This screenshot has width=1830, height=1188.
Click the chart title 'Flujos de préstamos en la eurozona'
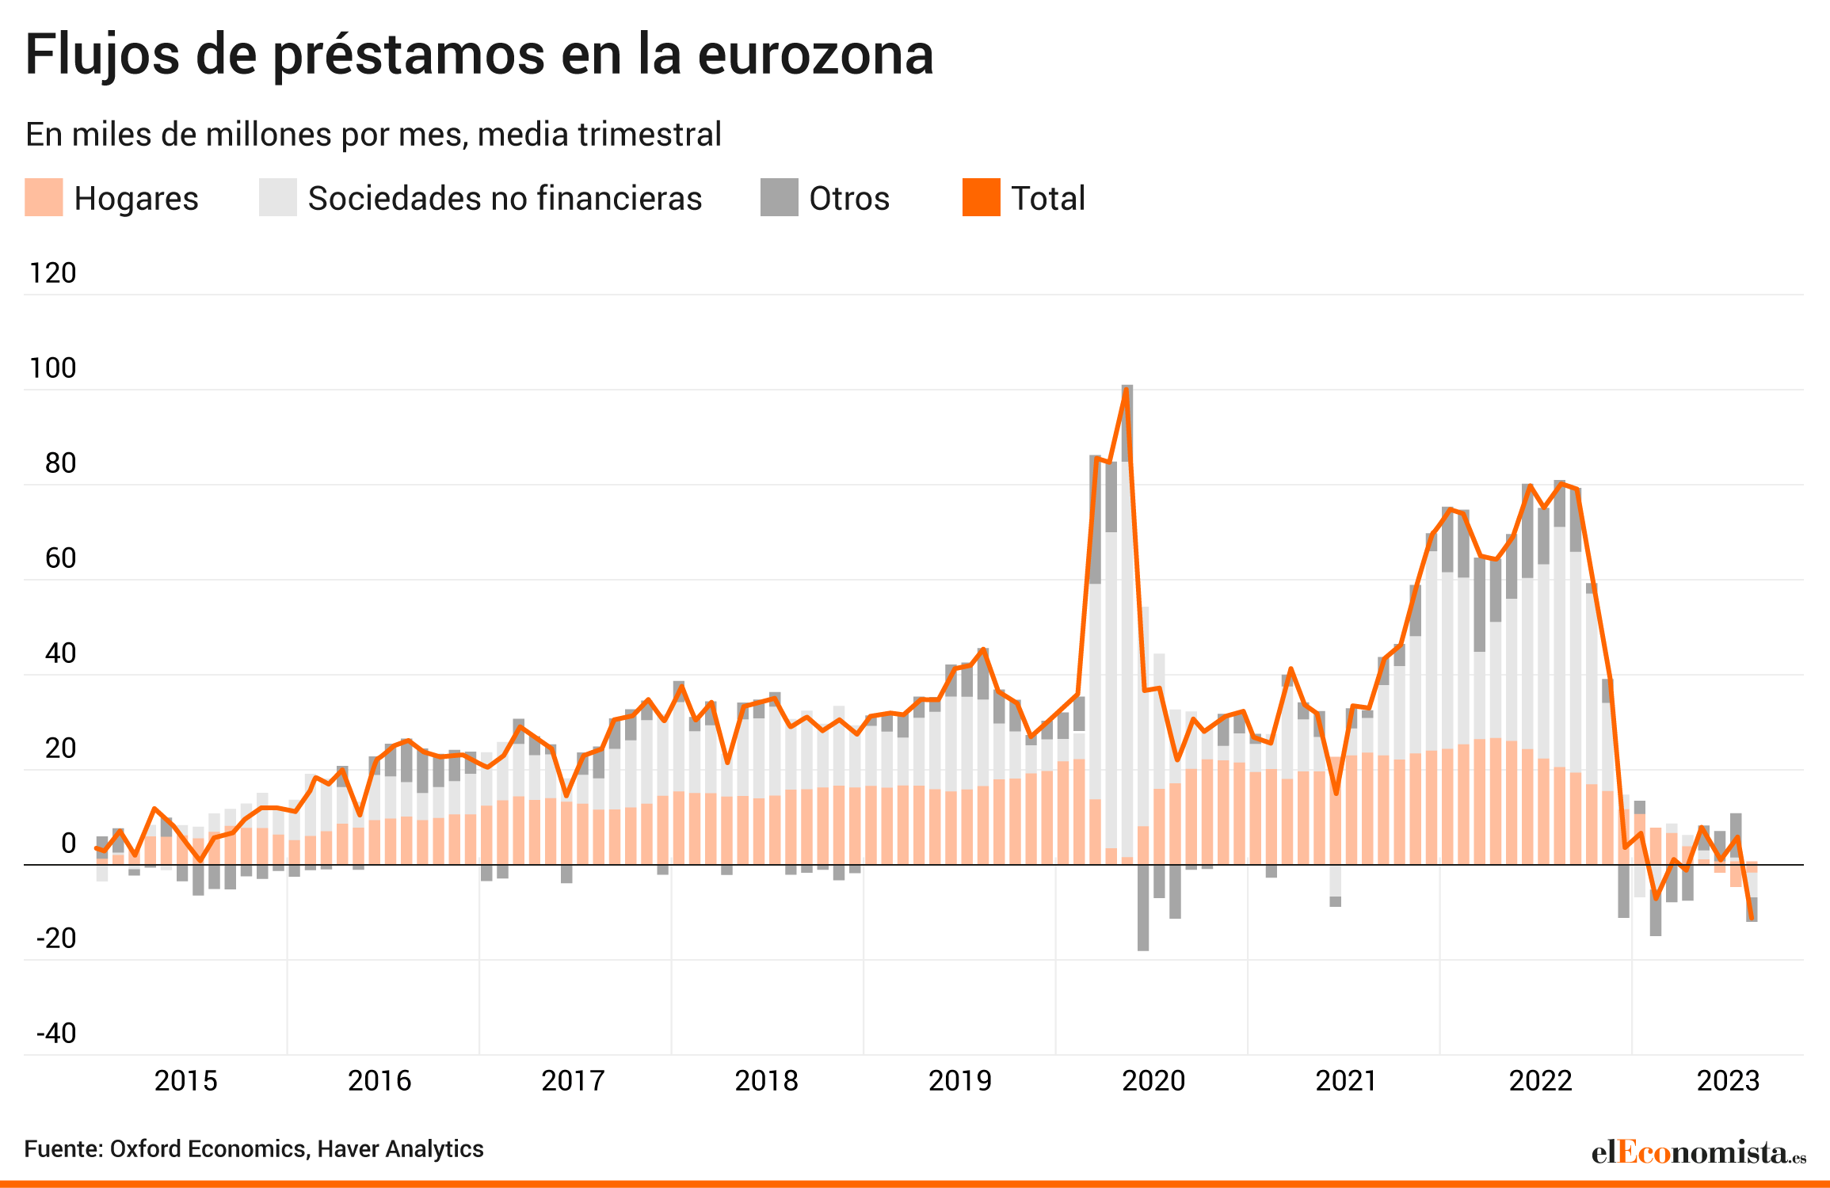click(479, 55)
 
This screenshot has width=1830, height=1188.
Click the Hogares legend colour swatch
click(44, 197)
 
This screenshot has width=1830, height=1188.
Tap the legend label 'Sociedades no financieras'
click(505, 198)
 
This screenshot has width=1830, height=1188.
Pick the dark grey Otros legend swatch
click(779, 197)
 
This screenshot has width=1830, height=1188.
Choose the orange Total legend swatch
click(982, 197)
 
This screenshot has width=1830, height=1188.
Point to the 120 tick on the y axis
click(52, 273)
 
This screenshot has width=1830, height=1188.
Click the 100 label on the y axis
click(52, 368)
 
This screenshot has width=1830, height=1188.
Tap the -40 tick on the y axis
click(56, 1034)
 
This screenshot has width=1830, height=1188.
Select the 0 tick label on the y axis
click(69, 843)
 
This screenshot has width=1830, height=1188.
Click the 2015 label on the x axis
click(186, 1081)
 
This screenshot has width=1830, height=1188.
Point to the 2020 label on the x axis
click(1153, 1081)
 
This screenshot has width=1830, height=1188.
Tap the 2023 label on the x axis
click(1728, 1081)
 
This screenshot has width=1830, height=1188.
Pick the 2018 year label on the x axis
click(766, 1081)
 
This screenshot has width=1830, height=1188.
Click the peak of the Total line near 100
click(1126, 389)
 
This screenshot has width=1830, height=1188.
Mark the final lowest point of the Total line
click(1751, 919)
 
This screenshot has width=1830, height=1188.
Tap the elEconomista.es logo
click(1699, 1152)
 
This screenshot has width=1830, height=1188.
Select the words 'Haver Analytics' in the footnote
click(400, 1149)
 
